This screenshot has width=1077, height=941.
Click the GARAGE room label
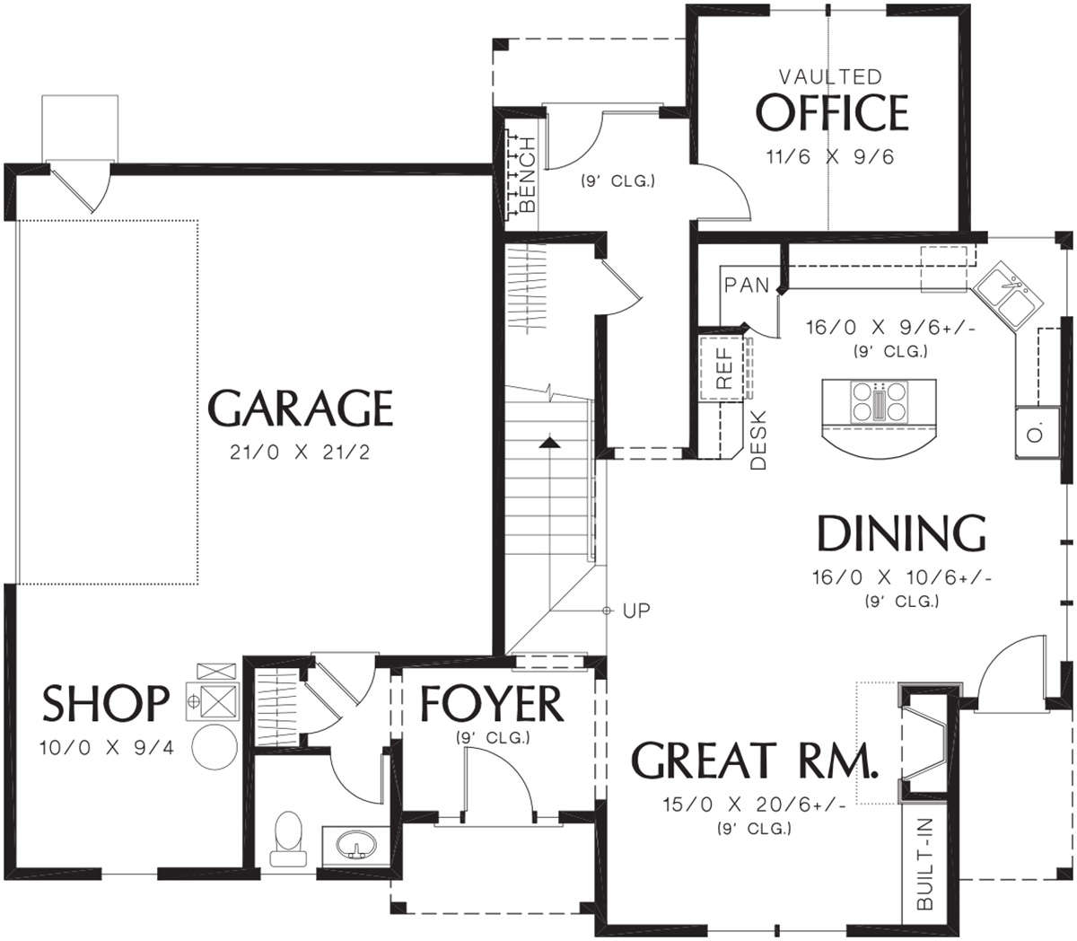(301, 408)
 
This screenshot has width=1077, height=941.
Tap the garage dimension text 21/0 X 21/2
(300, 453)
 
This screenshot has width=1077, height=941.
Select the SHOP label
(106, 703)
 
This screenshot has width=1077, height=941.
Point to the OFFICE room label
(832, 112)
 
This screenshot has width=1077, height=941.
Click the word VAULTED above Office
(830, 77)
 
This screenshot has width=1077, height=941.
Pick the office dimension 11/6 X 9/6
(830, 157)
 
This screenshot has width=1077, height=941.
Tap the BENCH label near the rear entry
(527, 174)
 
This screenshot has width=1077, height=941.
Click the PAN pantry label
(747, 285)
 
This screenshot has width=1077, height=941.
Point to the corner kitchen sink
(1008, 296)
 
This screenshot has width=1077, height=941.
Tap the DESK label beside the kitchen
(758, 440)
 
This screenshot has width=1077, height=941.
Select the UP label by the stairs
(636, 611)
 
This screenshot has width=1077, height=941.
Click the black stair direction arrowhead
(549, 443)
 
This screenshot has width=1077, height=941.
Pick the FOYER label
(492, 704)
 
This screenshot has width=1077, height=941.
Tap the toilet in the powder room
(288, 839)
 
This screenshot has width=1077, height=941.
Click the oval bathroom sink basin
(357, 843)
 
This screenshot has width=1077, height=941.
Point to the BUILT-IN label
(924, 864)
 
